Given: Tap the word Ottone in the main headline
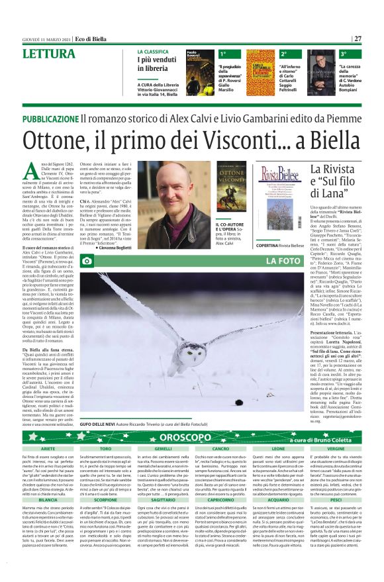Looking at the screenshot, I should coord(60,139).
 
